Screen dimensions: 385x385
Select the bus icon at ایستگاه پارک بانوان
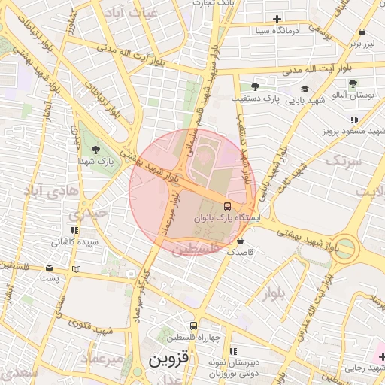(228, 205)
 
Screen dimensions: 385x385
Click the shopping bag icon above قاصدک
(240, 241)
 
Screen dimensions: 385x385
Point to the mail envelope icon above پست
(50, 268)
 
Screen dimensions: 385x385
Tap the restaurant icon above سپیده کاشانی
(73, 230)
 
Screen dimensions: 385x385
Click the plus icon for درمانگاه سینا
(277, 19)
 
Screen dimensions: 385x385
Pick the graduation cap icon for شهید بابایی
(304, 88)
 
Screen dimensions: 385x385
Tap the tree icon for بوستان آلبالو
(353, 84)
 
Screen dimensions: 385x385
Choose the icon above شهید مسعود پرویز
(353, 119)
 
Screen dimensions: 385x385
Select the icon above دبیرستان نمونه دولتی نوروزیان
(232, 351)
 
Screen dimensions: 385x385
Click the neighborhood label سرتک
(344, 161)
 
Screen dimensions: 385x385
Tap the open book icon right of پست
(75, 268)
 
